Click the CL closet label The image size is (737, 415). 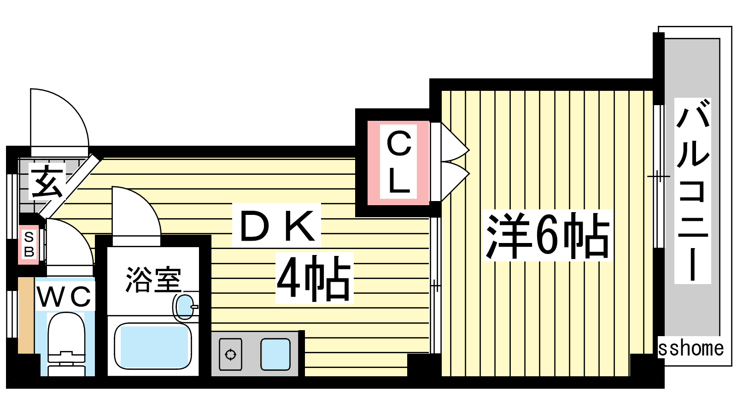[x=399, y=162]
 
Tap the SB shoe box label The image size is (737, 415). [x=29, y=244]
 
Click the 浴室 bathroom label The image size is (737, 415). [x=153, y=279]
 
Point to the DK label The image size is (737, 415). [x=277, y=225]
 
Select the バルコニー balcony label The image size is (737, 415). [x=692, y=190]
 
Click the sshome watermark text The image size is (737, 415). [x=691, y=349]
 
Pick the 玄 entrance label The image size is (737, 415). [x=47, y=181]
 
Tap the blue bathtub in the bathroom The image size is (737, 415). [x=153, y=346]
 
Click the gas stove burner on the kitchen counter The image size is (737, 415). [x=231, y=355]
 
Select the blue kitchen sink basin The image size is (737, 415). [x=275, y=355]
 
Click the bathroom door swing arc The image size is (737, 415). [x=145, y=202]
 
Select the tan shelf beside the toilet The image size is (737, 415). [x=26, y=315]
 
